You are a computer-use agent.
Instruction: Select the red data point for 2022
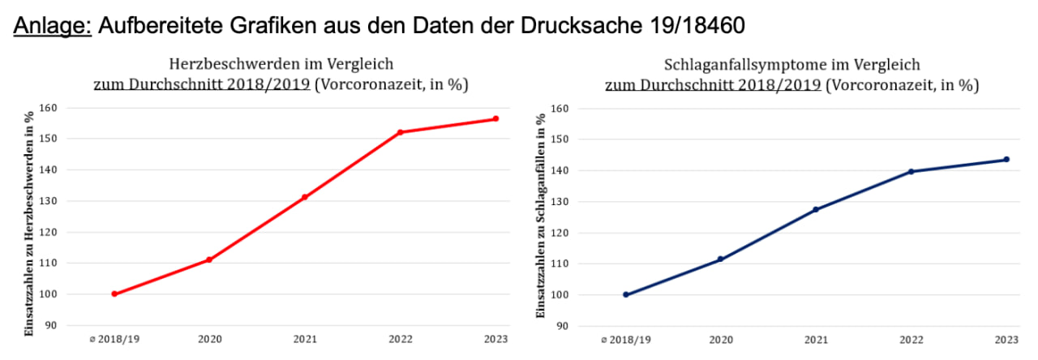tap(400, 132)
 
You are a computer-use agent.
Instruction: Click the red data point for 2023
tap(495, 118)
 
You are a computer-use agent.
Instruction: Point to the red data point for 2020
tap(209, 259)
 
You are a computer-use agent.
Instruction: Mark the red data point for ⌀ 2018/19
tap(114, 294)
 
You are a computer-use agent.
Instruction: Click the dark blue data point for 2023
tap(1006, 159)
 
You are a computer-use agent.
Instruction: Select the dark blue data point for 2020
tap(720, 259)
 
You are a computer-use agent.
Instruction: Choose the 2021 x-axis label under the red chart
tap(304, 339)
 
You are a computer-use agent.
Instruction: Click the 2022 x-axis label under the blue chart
tap(911, 340)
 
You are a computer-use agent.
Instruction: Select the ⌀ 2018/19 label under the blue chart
tap(625, 340)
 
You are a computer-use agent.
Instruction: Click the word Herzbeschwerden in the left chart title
tap(219, 64)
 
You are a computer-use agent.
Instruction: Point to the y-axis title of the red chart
tap(30, 223)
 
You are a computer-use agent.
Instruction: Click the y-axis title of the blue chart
tap(541, 223)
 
